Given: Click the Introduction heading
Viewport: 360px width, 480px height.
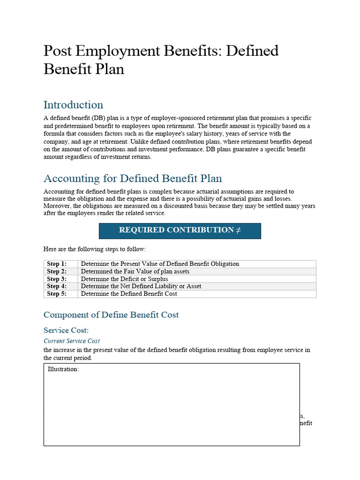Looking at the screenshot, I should point(73,105).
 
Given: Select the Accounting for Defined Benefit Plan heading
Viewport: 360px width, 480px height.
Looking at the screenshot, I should point(133,178).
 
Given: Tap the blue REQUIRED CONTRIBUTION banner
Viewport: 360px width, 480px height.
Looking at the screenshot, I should point(180,230).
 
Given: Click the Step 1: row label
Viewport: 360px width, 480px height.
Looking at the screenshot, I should point(57,264).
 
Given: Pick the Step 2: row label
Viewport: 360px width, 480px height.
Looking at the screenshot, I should point(57,271).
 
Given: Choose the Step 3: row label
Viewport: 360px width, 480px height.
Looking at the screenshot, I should point(57,279).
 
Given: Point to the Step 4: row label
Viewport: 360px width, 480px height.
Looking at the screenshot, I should point(57,286).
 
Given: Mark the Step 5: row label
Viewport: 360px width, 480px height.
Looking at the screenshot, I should point(57,294).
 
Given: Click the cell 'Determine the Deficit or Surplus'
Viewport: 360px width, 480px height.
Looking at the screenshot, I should point(124,279).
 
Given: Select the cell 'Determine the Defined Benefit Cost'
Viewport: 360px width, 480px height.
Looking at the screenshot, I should point(129,294).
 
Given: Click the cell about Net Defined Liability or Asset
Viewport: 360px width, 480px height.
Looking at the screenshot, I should point(141,286).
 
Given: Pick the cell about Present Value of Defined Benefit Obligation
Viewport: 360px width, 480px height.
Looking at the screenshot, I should point(160,264).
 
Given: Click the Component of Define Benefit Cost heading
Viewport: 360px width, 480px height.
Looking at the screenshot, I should point(111,315).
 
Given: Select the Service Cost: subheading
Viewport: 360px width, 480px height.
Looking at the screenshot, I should point(66,330).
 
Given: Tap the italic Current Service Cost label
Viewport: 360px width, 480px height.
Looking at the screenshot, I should point(72,341).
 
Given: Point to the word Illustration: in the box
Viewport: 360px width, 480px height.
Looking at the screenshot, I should point(63,369).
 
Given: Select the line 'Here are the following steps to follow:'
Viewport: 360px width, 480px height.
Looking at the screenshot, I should point(98,249).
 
